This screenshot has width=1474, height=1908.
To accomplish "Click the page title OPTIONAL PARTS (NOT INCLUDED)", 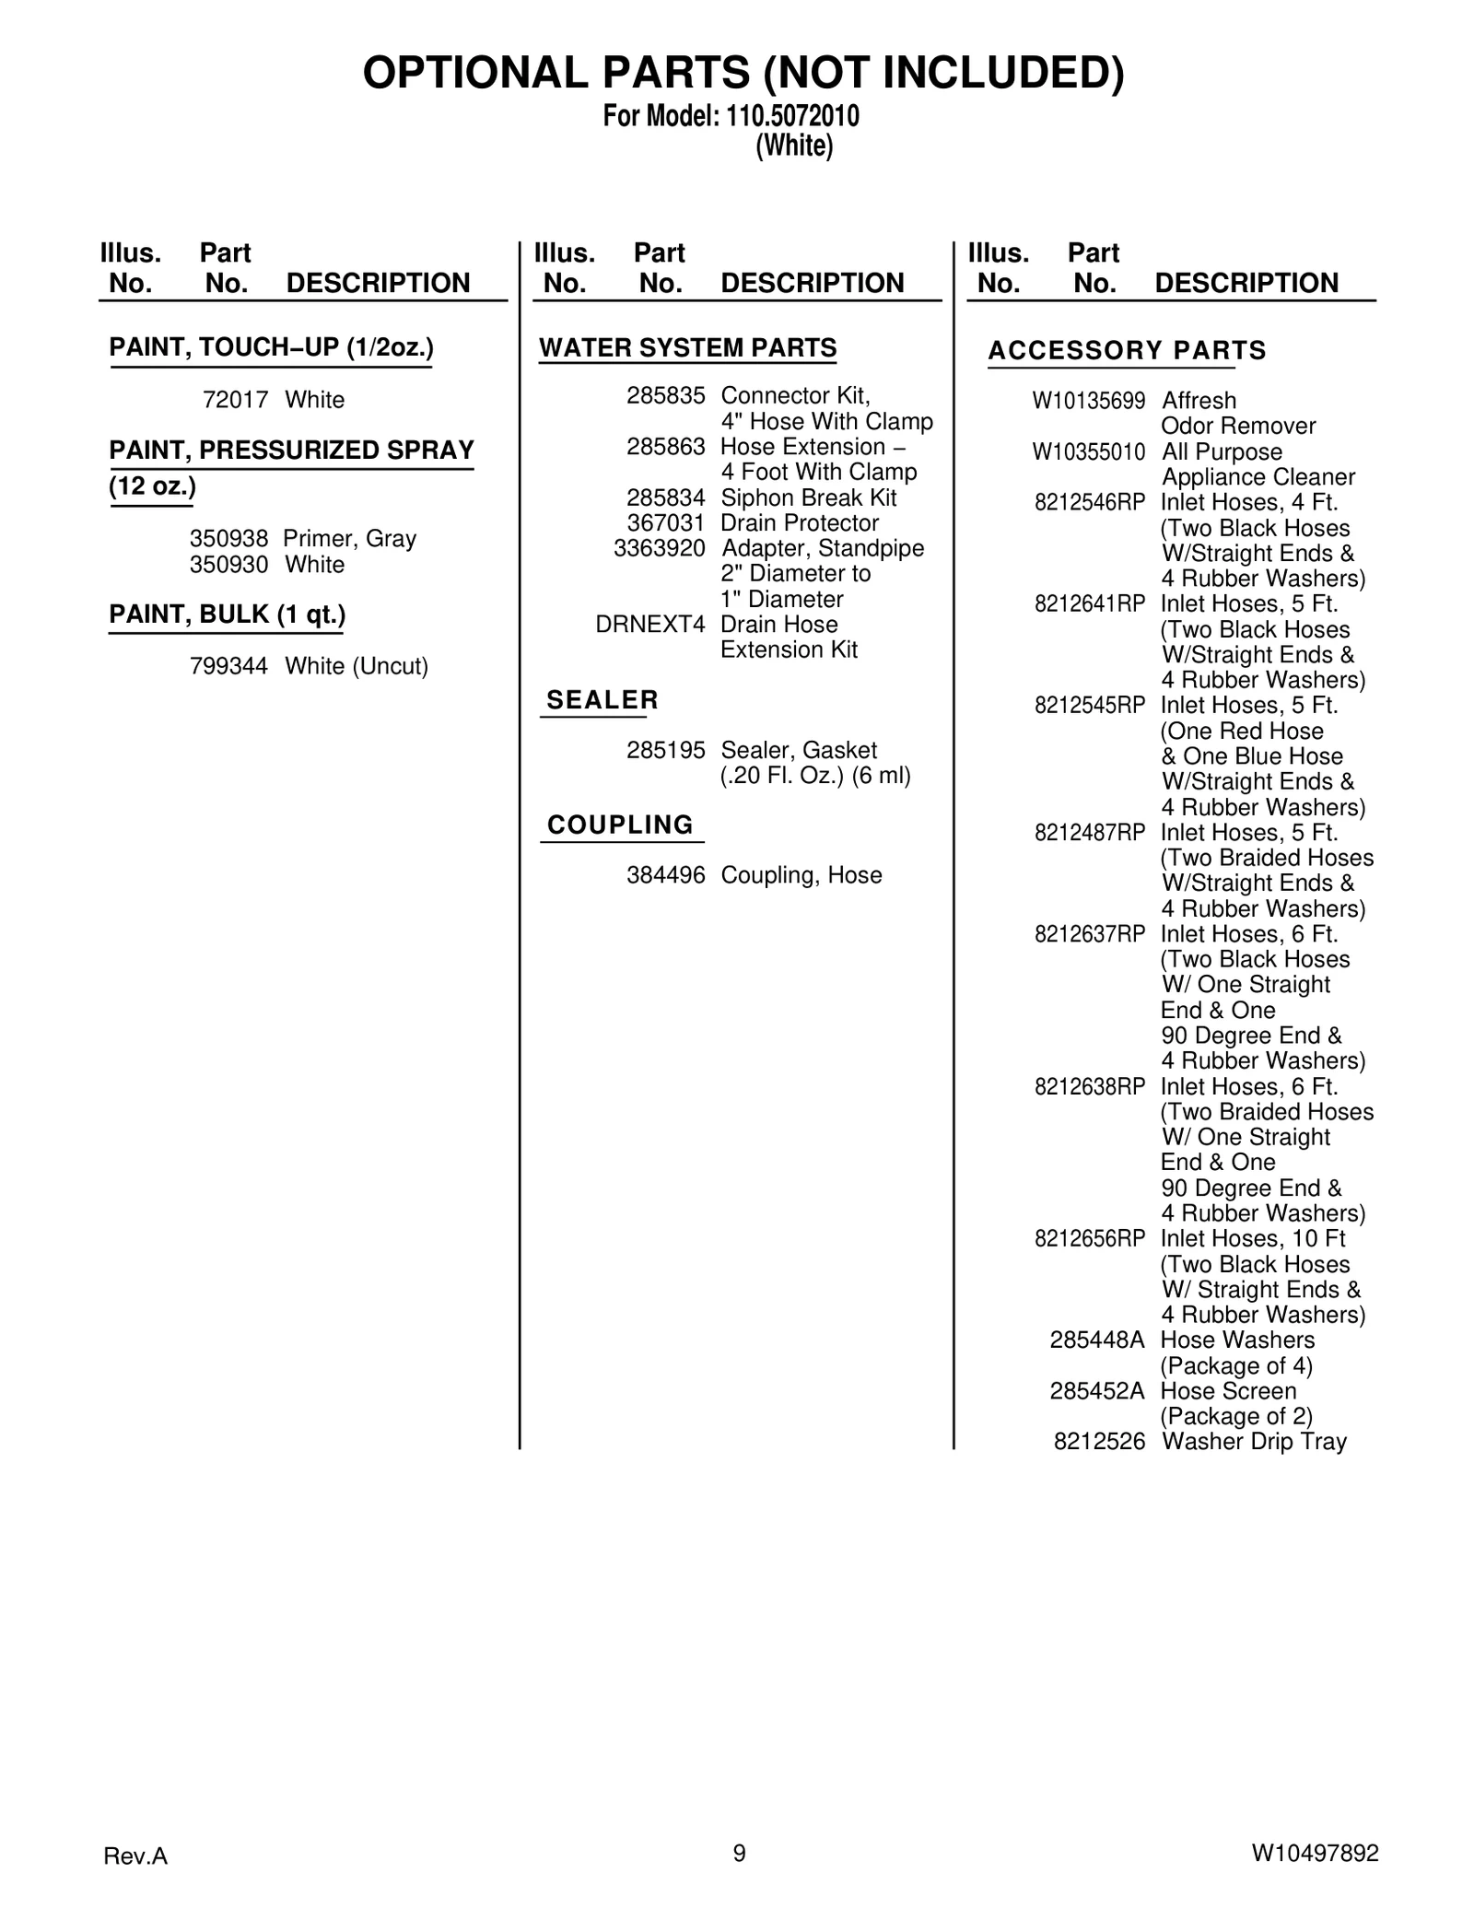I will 743,74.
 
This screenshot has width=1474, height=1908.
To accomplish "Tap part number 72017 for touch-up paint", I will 235,400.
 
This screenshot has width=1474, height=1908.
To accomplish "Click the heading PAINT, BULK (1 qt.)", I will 227,615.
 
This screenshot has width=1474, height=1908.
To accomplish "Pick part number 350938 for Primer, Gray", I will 228,538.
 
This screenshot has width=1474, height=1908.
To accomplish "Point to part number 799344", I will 228,666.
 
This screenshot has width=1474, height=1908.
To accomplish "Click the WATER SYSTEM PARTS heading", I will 687,348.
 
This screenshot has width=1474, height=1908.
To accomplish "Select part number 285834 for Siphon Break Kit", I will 665,498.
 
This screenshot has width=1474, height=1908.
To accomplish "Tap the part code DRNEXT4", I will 649,625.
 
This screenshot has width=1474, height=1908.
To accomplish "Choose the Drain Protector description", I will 800,523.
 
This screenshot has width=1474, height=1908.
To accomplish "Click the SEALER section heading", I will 602,700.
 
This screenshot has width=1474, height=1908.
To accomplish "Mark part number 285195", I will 665,751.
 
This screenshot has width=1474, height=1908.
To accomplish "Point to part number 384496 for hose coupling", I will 665,875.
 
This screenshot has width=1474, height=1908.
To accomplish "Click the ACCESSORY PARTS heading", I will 1127,351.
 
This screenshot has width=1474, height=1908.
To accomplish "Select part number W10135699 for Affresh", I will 1088,401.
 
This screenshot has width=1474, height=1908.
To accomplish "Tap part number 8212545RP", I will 1089,706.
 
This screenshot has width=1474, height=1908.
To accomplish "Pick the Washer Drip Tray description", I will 1254,1442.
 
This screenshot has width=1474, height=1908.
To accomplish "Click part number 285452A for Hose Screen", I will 1096,1391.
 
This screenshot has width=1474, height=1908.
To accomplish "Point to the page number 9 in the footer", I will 739,1853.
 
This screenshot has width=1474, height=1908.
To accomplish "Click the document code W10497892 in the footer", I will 1315,1854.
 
